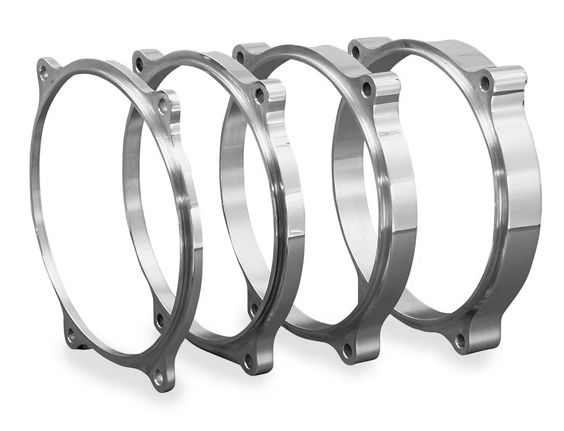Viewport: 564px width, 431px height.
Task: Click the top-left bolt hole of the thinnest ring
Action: [x=43, y=72]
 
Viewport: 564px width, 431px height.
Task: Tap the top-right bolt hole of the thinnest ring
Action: [x=162, y=106]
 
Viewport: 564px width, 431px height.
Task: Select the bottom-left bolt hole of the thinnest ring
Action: [x=70, y=336]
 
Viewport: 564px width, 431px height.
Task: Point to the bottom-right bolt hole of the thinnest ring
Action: [x=158, y=377]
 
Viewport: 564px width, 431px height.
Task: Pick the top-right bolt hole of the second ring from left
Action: [x=258, y=96]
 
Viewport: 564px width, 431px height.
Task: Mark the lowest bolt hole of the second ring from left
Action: [x=249, y=360]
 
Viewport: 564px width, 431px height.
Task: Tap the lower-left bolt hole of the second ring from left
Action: [x=159, y=321]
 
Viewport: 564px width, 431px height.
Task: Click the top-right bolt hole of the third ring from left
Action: [x=366, y=90]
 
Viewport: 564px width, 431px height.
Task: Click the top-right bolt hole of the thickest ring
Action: [x=484, y=83]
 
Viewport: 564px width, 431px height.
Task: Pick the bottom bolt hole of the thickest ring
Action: [x=460, y=340]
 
